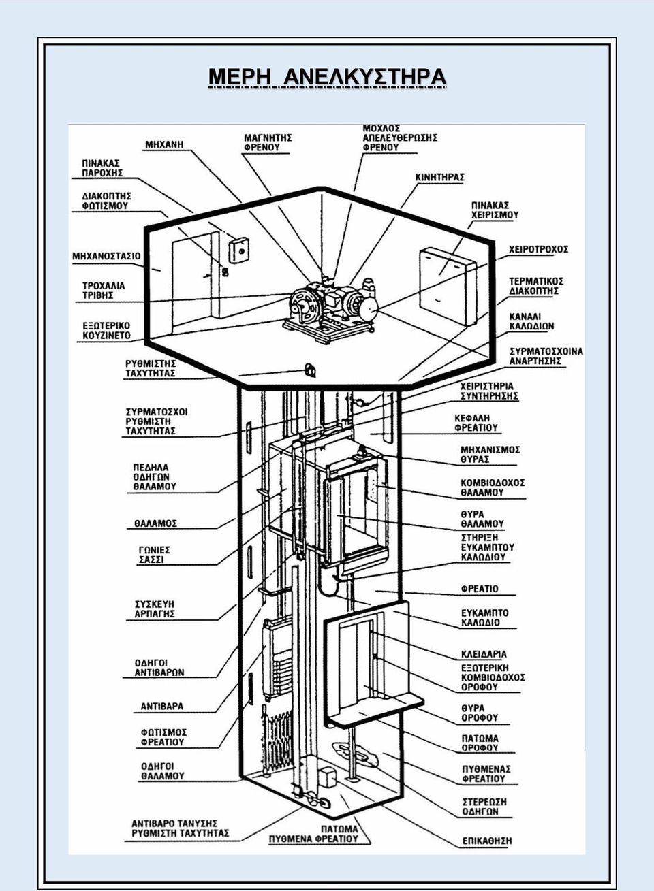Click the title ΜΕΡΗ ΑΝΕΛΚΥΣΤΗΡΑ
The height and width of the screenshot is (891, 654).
point(327,77)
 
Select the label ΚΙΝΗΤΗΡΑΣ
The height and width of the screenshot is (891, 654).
point(439,178)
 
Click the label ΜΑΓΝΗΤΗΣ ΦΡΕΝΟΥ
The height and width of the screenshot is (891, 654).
point(268,142)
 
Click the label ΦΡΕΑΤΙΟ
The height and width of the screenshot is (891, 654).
point(480,589)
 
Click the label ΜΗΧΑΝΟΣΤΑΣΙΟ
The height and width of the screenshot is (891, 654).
point(106,256)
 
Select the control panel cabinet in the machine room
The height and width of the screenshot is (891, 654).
point(448,283)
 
